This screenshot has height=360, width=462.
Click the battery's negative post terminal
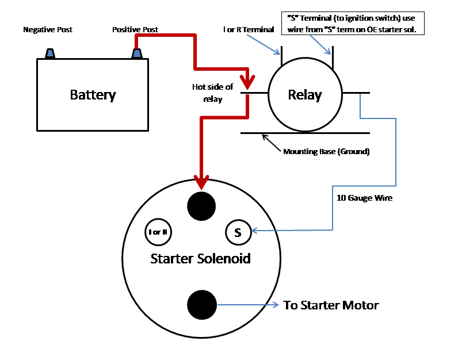50,53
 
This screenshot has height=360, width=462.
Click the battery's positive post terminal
137,53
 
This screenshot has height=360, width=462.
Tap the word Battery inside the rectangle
93,95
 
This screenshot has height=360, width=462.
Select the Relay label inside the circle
305,95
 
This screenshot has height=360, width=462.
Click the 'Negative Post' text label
48,29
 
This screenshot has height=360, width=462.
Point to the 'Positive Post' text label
135,29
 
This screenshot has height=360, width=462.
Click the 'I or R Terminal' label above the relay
249,29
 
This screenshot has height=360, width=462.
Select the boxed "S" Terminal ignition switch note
353,24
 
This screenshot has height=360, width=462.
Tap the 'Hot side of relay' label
213,93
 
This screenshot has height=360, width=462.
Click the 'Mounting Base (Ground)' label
326,151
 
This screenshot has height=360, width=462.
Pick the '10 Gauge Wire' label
364,198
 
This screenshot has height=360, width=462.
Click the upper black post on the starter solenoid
201,206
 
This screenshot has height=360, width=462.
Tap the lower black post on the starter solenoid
202,305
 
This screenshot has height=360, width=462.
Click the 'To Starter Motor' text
331,305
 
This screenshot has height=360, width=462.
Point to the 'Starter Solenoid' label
200,259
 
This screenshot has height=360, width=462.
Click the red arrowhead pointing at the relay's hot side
247,82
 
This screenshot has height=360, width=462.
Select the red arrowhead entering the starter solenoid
201,182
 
